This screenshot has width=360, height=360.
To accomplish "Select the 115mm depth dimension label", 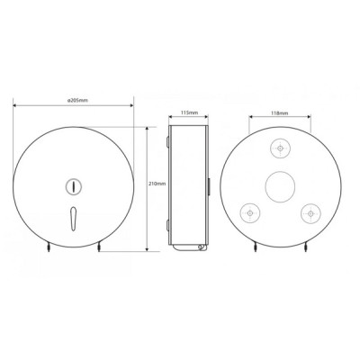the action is (189, 112).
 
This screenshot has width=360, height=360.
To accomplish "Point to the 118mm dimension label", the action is (280, 113).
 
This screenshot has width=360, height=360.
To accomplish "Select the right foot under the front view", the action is (99, 247).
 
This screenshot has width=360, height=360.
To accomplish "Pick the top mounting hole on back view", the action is (280, 148).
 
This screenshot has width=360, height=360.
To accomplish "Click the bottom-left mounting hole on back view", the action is (250, 213).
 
